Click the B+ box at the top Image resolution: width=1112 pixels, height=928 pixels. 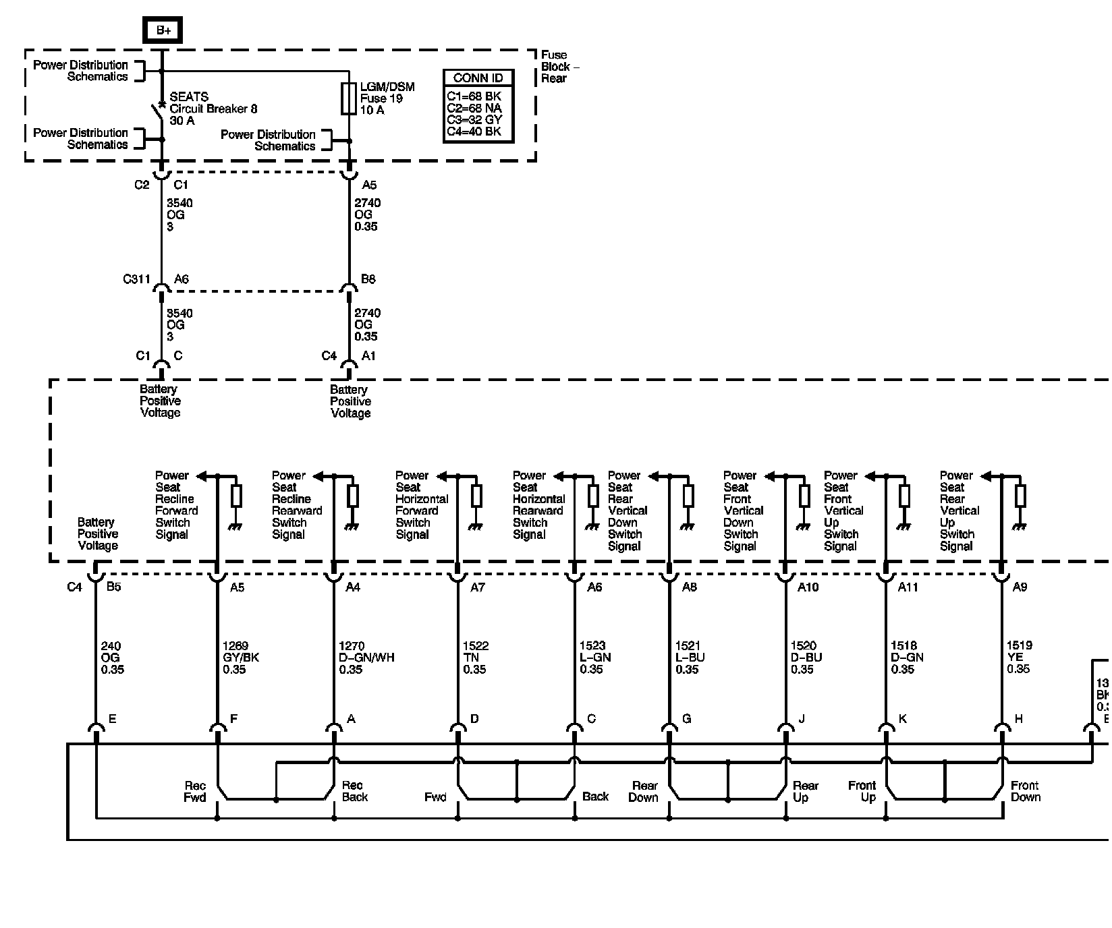tap(163, 30)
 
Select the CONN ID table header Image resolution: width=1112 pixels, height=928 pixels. tap(478, 78)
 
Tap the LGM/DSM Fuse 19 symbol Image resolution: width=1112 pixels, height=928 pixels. tap(349, 99)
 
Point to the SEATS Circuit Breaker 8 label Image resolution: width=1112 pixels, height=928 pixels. tap(213, 109)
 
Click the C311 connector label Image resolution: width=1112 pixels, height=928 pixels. tap(136, 279)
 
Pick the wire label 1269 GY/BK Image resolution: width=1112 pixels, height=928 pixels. tap(240, 658)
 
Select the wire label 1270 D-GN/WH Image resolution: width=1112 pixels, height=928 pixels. tap(366, 658)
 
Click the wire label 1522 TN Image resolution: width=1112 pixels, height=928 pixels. tap(475, 658)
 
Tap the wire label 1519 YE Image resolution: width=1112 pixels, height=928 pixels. tap(1018, 658)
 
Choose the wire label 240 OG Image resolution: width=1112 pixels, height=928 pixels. tap(111, 658)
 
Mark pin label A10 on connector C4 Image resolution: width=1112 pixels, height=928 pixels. tap(808, 587)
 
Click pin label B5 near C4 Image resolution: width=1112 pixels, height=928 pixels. tap(113, 587)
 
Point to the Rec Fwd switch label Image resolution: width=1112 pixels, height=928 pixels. tap(195, 792)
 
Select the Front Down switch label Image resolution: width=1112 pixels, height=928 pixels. tap(1025, 791)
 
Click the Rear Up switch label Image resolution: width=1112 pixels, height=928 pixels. tap(805, 792)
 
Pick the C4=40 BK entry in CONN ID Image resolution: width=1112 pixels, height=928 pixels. tap(474, 132)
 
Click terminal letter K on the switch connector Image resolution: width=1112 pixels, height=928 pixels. tap(902, 719)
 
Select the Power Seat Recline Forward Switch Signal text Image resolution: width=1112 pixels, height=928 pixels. tap(176, 505)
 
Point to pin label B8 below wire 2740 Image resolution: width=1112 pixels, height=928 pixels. tap(368, 279)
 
